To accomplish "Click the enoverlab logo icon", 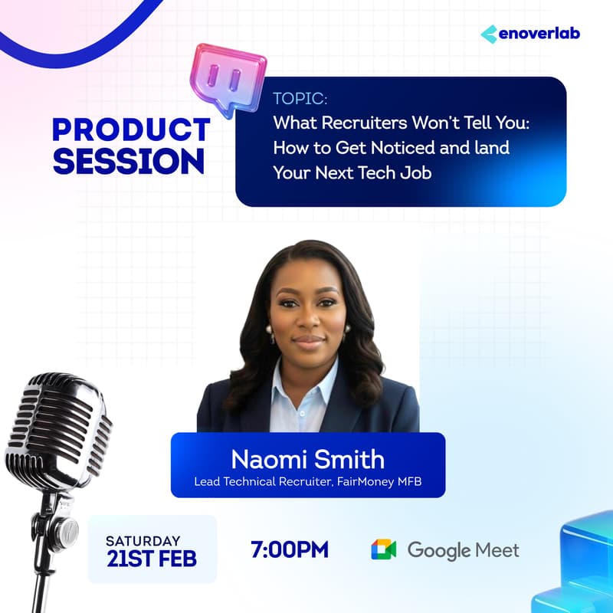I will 489,34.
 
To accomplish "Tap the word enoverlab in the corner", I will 539,34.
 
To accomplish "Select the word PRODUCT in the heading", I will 131,129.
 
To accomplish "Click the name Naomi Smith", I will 308,461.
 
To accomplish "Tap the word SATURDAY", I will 143,541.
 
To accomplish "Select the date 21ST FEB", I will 152,559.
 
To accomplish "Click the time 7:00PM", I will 290,549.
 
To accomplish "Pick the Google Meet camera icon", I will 384,549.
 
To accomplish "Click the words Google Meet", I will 463,549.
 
